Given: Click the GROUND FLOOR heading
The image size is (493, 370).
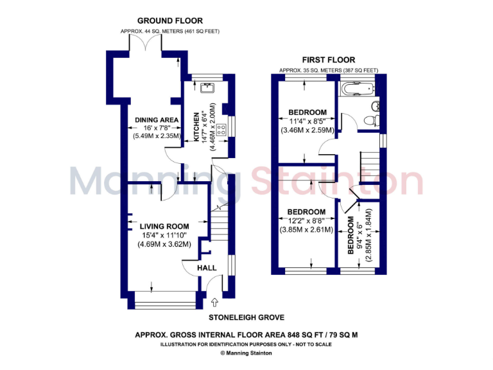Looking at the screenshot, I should click(x=160, y=21).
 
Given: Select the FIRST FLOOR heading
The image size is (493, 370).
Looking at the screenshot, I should click(x=329, y=60).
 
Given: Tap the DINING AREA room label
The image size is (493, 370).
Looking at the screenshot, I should click(x=157, y=119).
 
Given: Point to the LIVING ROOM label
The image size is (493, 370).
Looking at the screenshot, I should click(x=165, y=226).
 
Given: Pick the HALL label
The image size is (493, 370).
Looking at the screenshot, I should click(x=207, y=268).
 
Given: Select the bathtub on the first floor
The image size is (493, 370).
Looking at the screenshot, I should click(x=357, y=89).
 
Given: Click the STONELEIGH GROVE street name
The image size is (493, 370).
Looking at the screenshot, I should click(x=246, y=317).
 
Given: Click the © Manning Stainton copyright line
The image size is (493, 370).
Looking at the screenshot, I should click(x=246, y=353).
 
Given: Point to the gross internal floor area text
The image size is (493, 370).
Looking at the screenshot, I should click(x=246, y=335).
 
